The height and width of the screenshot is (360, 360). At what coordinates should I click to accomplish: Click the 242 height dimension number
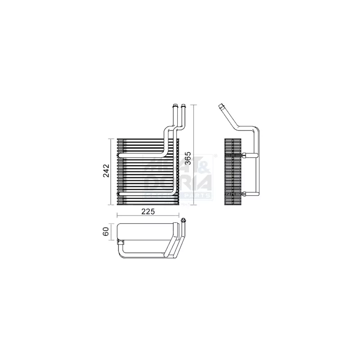106,171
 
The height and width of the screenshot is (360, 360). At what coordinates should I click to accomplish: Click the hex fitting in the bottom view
184,220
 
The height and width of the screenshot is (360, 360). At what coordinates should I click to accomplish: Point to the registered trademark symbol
216,156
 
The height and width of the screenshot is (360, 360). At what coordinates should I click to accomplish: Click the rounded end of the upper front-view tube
120,155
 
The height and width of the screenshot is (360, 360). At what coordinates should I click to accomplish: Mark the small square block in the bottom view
120,243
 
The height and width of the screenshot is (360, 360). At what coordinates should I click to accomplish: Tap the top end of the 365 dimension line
193,105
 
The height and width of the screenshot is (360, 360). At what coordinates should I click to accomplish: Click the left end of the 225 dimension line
117,216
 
